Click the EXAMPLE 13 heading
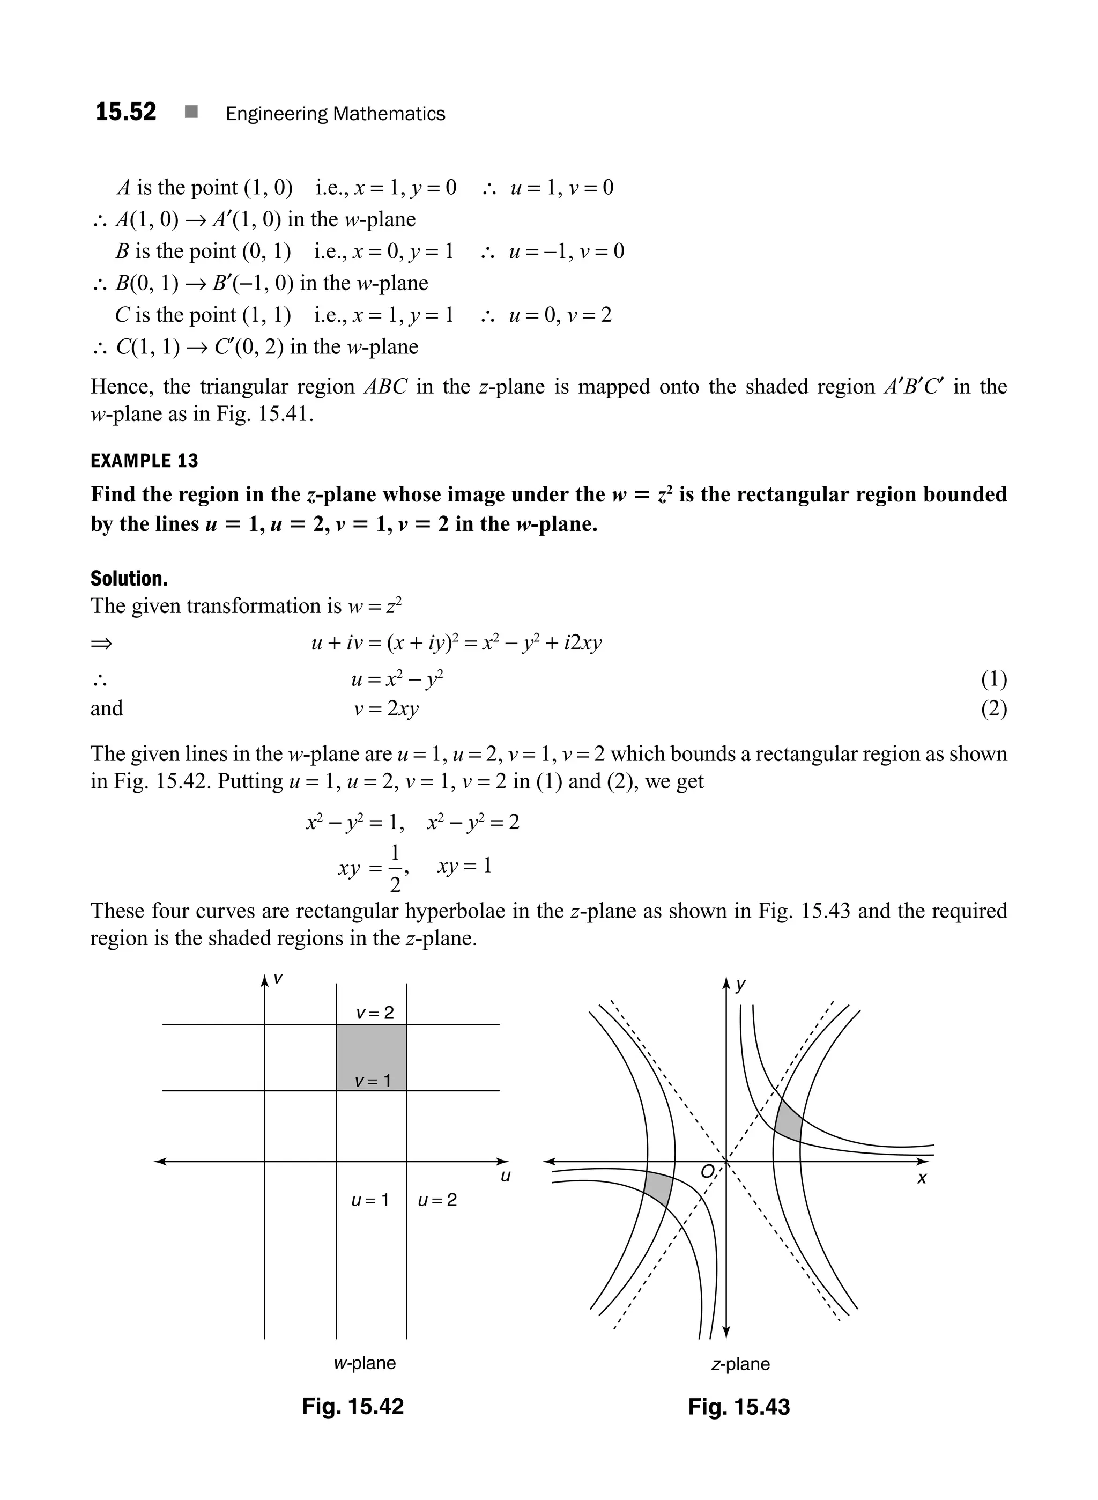tap(144, 461)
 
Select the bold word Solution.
tap(129, 579)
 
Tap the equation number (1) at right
tap(993, 679)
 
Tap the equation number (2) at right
tap(993, 709)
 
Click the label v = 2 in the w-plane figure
tap(375, 1013)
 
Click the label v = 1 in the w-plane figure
tap(372, 1081)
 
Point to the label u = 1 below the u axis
tap(369, 1200)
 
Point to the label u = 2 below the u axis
tap(437, 1200)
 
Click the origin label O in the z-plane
tap(707, 1171)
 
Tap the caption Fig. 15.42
tap(352, 1406)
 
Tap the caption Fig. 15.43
tap(738, 1407)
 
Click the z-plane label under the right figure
tap(740, 1364)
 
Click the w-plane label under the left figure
tap(365, 1363)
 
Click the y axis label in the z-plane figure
tap(740, 985)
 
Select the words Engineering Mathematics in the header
tap(335, 114)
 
